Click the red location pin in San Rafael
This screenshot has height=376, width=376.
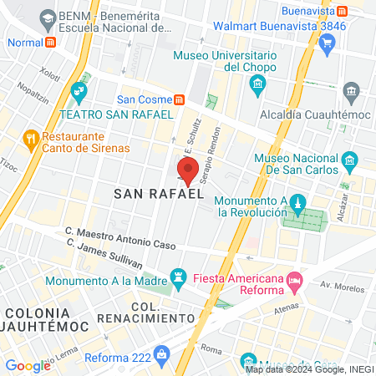188,170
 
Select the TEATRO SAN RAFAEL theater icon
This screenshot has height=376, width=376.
80,89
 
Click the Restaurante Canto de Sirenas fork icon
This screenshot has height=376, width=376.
31,136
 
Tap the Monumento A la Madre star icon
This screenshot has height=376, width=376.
177,275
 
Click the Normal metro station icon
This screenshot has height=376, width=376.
51,42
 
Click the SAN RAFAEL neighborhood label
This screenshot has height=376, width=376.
160,194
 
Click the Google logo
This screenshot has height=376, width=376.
28,365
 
